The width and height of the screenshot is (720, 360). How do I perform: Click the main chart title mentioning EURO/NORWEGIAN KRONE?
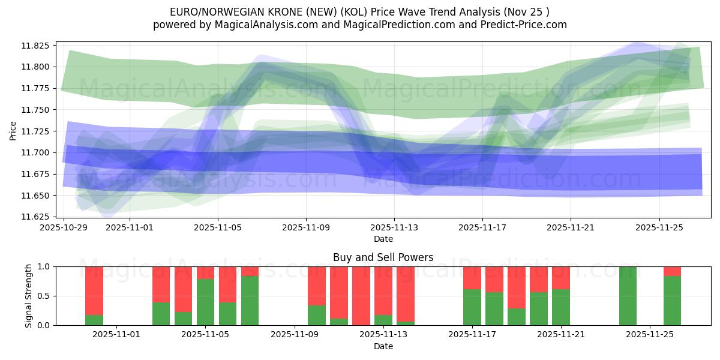[x=360, y=11]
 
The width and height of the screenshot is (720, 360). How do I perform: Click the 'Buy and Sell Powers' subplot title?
[x=383, y=257]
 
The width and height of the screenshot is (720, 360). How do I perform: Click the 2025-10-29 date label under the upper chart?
[x=64, y=228]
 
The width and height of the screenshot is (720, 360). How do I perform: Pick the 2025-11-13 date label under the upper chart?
[x=394, y=228]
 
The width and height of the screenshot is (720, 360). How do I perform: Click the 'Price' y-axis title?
[x=13, y=130]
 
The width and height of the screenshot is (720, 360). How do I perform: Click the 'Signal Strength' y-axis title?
[x=29, y=295]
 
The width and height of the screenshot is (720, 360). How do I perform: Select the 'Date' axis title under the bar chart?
[x=383, y=346]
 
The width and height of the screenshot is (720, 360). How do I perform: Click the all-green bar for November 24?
[x=628, y=296]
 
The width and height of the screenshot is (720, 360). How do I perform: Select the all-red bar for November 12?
[x=361, y=296]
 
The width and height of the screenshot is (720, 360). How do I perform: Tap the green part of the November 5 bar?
[x=205, y=302]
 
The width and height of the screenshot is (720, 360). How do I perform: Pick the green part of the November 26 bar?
[x=672, y=301]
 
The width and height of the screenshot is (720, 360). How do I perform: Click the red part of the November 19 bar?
[x=516, y=287]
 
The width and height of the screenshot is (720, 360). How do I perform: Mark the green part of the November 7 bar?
[x=250, y=301]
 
